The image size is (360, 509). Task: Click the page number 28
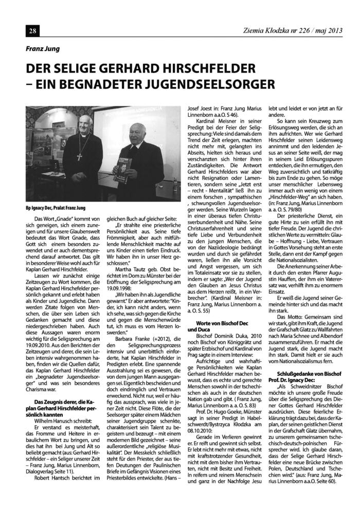pyautogui.click(x=19, y=32)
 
